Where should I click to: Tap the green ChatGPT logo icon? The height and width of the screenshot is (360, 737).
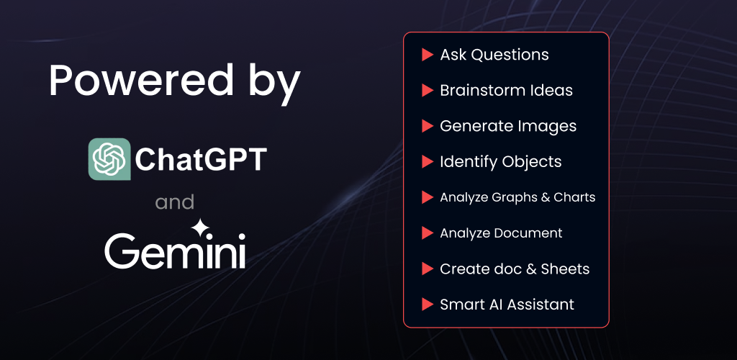pos(109,159)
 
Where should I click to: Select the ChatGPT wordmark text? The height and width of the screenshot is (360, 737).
pos(201,159)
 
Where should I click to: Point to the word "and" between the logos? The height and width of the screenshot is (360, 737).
pos(174,202)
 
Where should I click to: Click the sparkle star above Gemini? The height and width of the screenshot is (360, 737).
pos(200,228)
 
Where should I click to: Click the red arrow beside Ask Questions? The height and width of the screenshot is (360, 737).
pos(428,55)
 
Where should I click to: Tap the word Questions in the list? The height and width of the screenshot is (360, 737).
pos(510,55)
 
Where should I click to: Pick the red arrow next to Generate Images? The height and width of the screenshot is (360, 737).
pos(428,126)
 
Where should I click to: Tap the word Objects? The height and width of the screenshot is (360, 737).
pos(532,162)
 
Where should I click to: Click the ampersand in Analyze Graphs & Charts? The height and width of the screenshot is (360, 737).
pos(546,197)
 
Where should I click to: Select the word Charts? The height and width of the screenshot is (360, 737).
pos(575,197)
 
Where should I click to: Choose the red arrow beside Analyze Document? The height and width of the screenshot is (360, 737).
pos(428,233)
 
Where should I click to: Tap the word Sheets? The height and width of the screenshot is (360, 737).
pos(566,269)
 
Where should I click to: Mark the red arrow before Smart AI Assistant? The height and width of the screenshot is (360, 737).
pos(428,305)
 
